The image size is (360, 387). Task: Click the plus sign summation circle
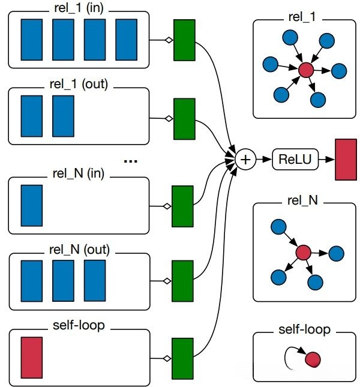click(x=245, y=159)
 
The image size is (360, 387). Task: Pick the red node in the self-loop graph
click(x=313, y=359)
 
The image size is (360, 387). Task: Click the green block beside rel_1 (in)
click(x=185, y=40)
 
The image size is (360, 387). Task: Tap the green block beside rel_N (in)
click(x=182, y=206)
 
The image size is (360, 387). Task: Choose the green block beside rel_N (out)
click(x=182, y=280)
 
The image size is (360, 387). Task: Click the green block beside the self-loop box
click(x=182, y=358)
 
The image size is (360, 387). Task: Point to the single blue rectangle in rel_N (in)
click(x=31, y=206)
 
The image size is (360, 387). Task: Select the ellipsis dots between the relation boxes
click(x=130, y=161)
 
